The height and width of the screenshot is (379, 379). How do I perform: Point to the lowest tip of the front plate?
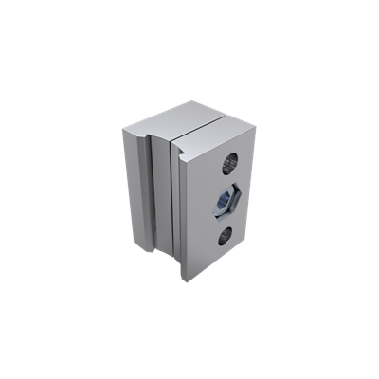coord(182,281)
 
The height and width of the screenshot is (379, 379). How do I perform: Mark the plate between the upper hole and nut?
coord(226,181)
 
